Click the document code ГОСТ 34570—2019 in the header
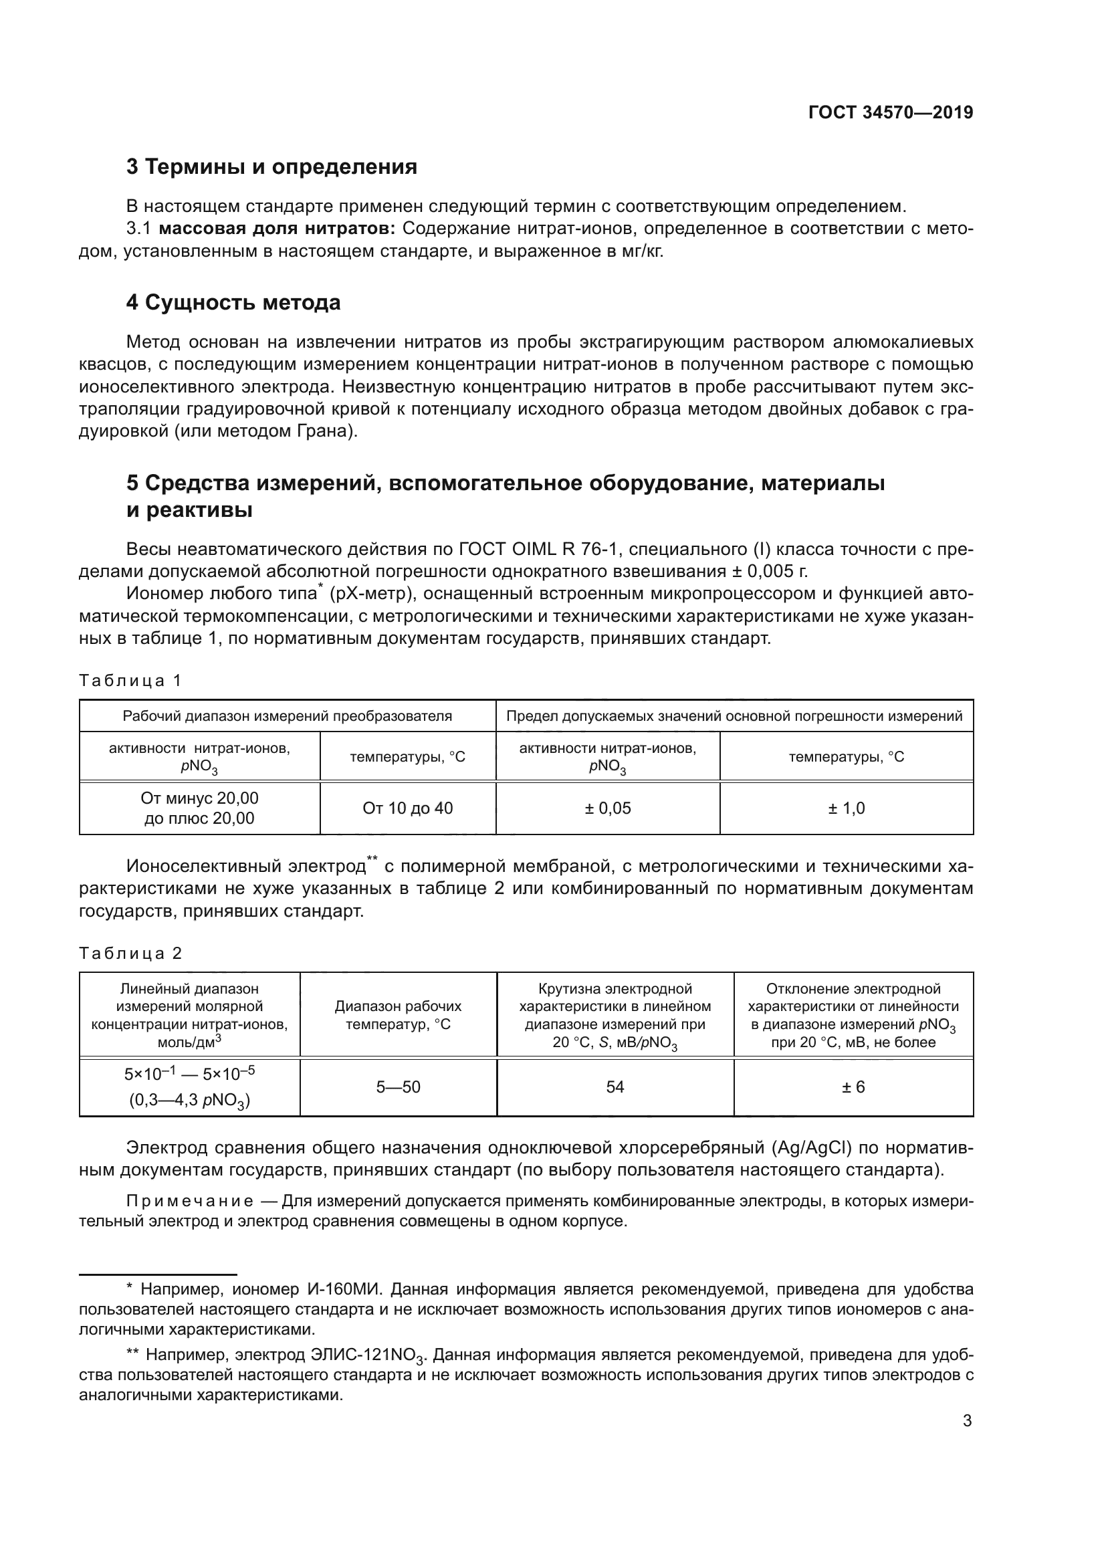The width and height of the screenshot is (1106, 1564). (x=890, y=112)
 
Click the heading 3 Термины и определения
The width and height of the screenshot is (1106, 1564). (x=271, y=167)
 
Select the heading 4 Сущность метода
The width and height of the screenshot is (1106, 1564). (x=233, y=302)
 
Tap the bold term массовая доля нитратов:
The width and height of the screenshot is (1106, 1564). (x=278, y=229)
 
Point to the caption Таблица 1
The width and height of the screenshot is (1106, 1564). (x=130, y=681)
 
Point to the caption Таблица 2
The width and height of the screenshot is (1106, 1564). (x=130, y=953)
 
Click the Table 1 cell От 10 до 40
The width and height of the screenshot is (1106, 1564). (x=407, y=808)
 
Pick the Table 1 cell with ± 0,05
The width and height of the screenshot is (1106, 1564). (x=607, y=808)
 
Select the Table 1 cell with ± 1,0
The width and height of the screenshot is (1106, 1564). (x=846, y=808)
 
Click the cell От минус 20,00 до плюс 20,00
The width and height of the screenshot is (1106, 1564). (x=199, y=808)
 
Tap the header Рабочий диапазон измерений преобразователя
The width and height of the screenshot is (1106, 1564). (x=287, y=716)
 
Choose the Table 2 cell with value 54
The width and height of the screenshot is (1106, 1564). (x=615, y=1087)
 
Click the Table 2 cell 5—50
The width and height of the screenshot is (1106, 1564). (x=399, y=1087)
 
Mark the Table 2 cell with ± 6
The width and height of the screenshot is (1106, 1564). (x=853, y=1087)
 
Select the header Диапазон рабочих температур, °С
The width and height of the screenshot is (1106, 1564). (x=399, y=1015)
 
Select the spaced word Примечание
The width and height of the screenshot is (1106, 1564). (x=190, y=1201)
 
